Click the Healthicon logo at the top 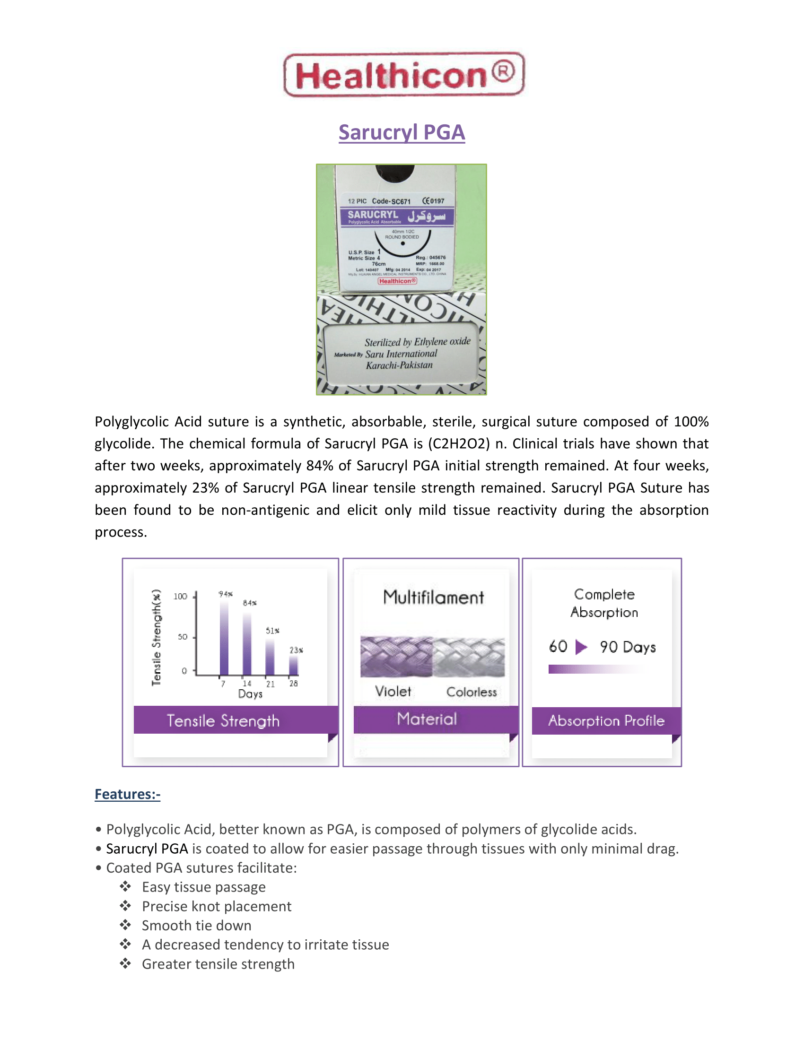[x=404, y=75]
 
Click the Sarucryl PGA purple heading [x=402, y=132]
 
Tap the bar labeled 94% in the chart [x=224, y=638]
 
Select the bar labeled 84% [x=247, y=644]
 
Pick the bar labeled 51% [x=270, y=657]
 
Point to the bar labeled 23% [x=293, y=665]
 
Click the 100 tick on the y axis [x=180, y=597]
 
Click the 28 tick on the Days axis [x=293, y=684]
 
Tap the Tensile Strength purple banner [x=224, y=720]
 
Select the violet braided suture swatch [x=396, y=657]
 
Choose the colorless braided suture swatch [x=469, y=657]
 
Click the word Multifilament [x=433, y=598]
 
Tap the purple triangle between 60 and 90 [x=581, y=647]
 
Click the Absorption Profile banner [x=606, y=721]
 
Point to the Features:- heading [x=127, y=794]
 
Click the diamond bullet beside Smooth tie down [x=125, y=925]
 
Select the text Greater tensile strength [x=218, y=964]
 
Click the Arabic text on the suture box [x=426, y=217]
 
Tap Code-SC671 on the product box [x=391, y=201]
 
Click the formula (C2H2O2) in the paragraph [x=459, y=444]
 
